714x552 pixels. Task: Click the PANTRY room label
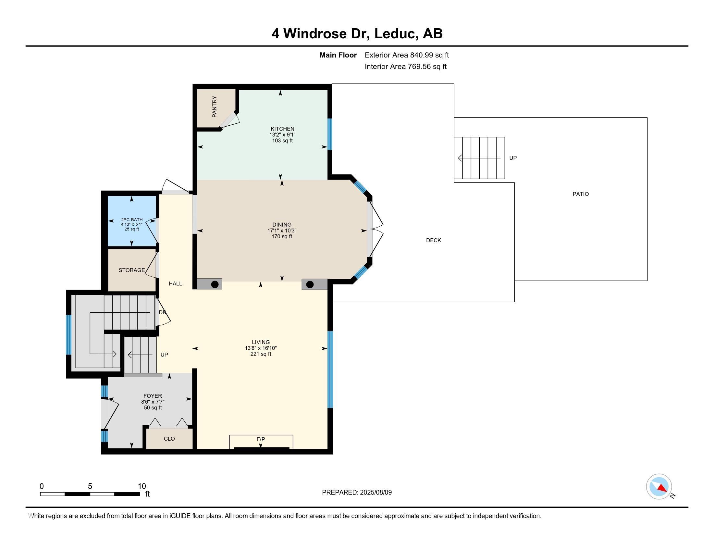pos(214,107)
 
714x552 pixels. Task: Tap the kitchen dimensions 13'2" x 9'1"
pos(282,135)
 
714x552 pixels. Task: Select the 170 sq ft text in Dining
pos(282,236)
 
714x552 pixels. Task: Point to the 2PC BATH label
pos(132,220)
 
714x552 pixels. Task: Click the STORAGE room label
pos(132,270)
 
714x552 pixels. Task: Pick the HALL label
pos(175,283)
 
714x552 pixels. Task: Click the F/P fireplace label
pos(261,439)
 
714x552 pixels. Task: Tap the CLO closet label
pos(169,439)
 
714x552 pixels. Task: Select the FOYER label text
pos(153,396)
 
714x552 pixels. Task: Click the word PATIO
pos(581,194)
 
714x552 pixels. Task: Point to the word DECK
pos(434,240)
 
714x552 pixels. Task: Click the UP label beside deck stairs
pos(513,158)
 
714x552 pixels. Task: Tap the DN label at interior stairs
pos(163,312)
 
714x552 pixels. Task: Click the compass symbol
pos(659,486)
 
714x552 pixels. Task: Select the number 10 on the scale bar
pos(142,486)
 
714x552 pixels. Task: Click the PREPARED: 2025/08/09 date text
pos(357,492)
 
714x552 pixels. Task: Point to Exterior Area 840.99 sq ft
pos(407,55)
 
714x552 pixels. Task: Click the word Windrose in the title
pos(315,33)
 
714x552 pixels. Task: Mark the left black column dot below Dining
pos(215,284)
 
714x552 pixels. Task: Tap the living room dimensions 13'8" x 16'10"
pos(261,348)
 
